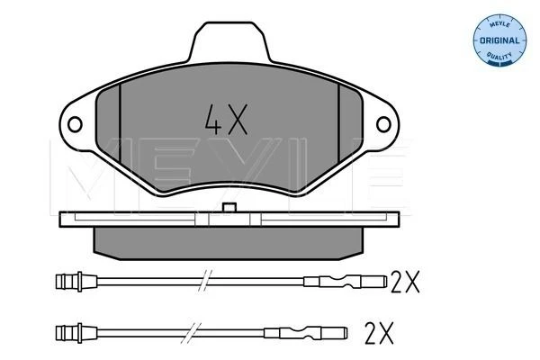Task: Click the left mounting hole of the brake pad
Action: point(75,124)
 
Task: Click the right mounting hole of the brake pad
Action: point(383,124)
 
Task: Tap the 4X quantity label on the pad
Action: point(226,120)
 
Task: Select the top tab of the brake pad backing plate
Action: point(229,42)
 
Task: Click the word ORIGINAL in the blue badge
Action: point(499,40)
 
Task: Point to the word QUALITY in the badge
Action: point(499,55)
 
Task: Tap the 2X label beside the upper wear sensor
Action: point(405,282)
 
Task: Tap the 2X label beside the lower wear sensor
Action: point(379,333)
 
